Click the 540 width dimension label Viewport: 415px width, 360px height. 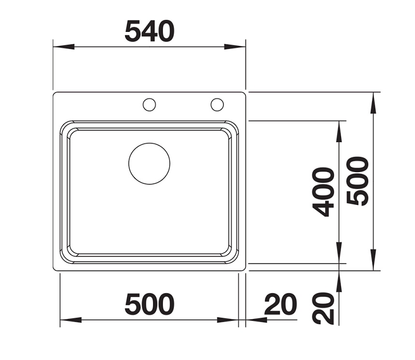tap(150, 31)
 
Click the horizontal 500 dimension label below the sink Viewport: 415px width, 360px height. tap(150, 304)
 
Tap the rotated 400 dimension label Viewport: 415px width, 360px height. tap(322, 192)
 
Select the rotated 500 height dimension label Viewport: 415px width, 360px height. tap(358, 181)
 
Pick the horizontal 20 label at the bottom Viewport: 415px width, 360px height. tap(281, 304)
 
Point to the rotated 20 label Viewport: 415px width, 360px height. tap(323, 308)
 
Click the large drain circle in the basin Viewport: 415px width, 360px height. tap(149, 164)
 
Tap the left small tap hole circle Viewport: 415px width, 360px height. tap(149, 104)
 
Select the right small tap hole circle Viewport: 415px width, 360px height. tap(217, 104)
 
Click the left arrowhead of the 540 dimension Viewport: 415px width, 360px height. tap(63, 46)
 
